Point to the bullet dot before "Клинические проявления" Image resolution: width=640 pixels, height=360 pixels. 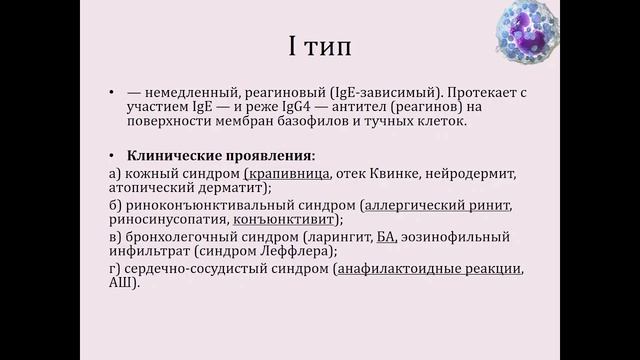[112, 155]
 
